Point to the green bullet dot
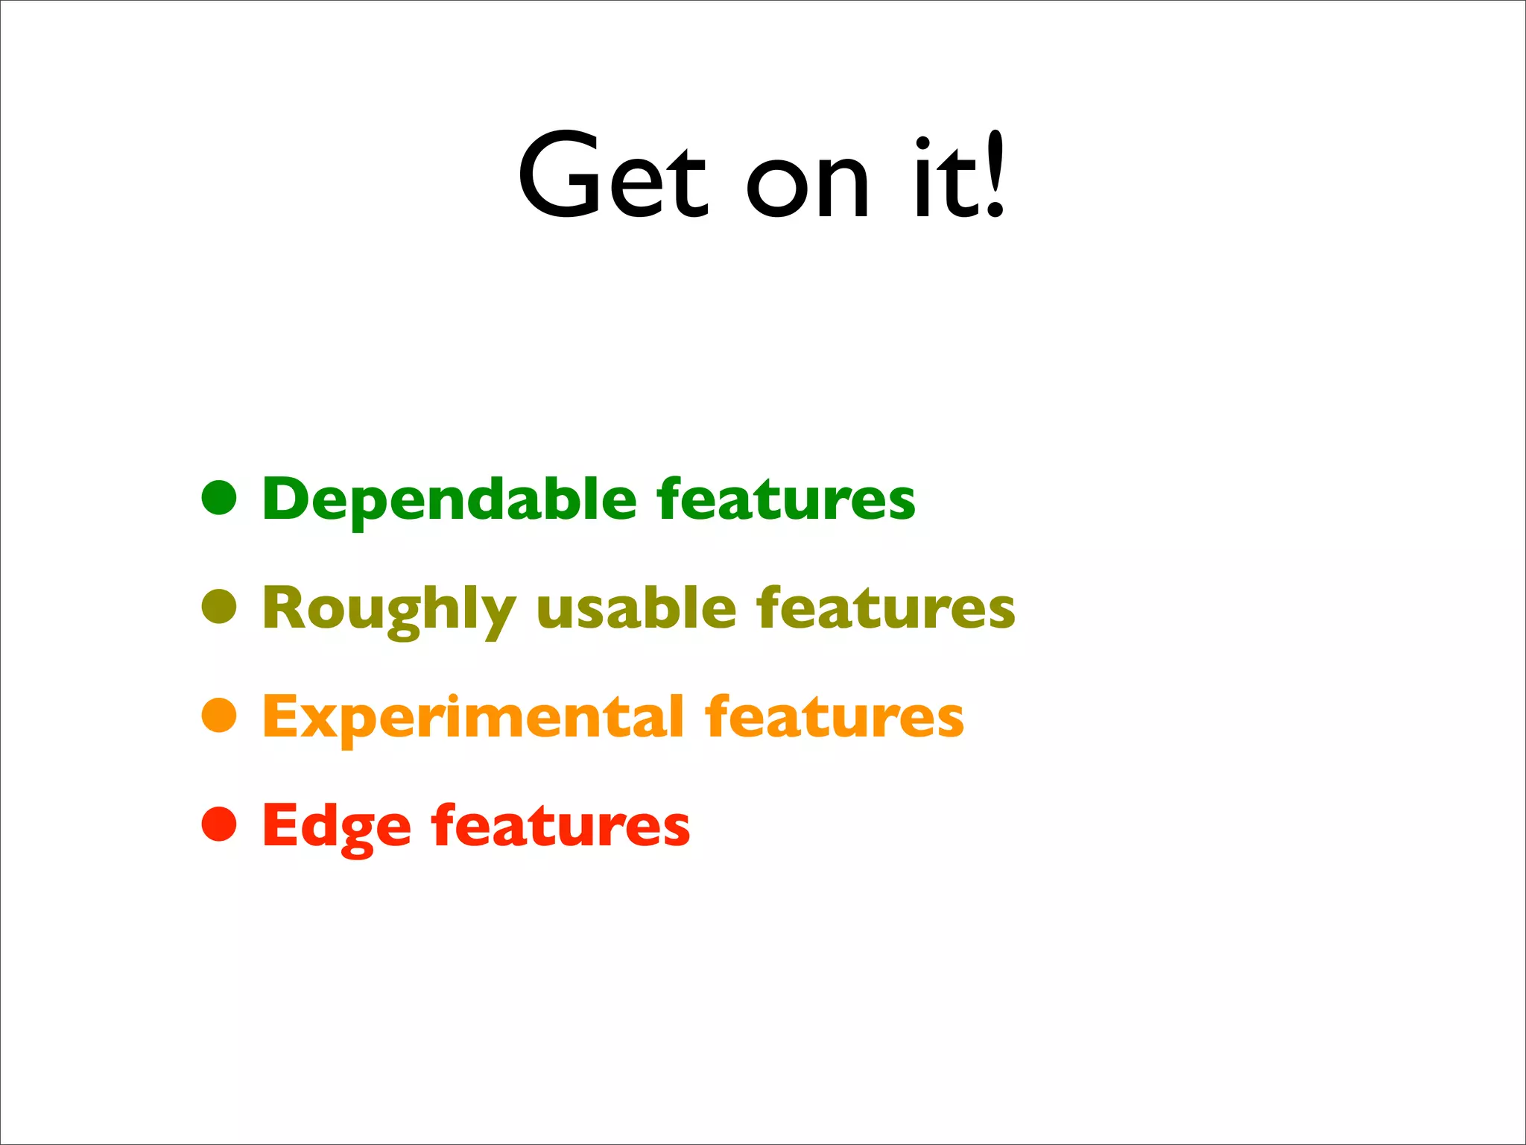pyautogui.click(x=219, y=497)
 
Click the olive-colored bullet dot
pyautogui.click(x=219, y=606)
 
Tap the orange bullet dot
pyautogui.click(x=219, y=715)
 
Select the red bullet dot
pyautogui.click(x=219, y=824)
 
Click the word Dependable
pyautogui.click(x=449, y=499)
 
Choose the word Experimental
pyautogui.click(x=473, y=718)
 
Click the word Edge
pyautogui.click(x=336, y=827)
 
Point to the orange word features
pyautogui.click(x=835, y=717)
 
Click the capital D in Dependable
pyautogui.click(x=287, y=498)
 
